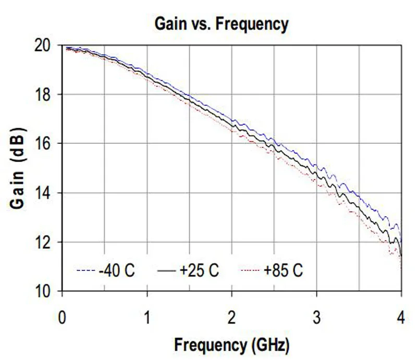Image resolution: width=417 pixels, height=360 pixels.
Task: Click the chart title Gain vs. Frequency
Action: click(221, 24)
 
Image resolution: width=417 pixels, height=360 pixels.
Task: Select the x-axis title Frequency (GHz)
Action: click(231, 344)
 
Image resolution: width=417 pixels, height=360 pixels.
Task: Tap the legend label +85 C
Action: click(282, 271)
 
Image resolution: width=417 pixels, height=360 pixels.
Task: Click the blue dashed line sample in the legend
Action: click(85, 271)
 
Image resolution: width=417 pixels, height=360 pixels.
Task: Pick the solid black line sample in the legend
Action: click(166, 271)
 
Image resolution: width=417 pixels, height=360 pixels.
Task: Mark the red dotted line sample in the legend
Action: click(249, 271)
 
